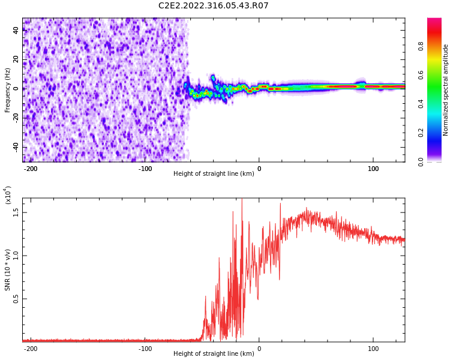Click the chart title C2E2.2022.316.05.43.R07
[x=213, y=6]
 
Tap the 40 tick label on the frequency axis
[x=16, y=30]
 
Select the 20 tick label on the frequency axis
[x=16, y=59]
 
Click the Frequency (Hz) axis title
[x=7, y=90]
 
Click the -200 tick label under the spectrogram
[x=31, y=169]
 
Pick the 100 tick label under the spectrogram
[x=373, y=169]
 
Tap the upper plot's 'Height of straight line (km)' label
[x=214, y=174]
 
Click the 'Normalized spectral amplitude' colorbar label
[x=446, y=90]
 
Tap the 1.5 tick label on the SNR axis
[x=16, y=212]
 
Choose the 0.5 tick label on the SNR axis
[x=16, y=299]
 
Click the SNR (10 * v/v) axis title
[x=8, y=270]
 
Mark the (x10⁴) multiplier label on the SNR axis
[x=8, y=195]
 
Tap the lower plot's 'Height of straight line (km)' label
[x=214, y=354]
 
